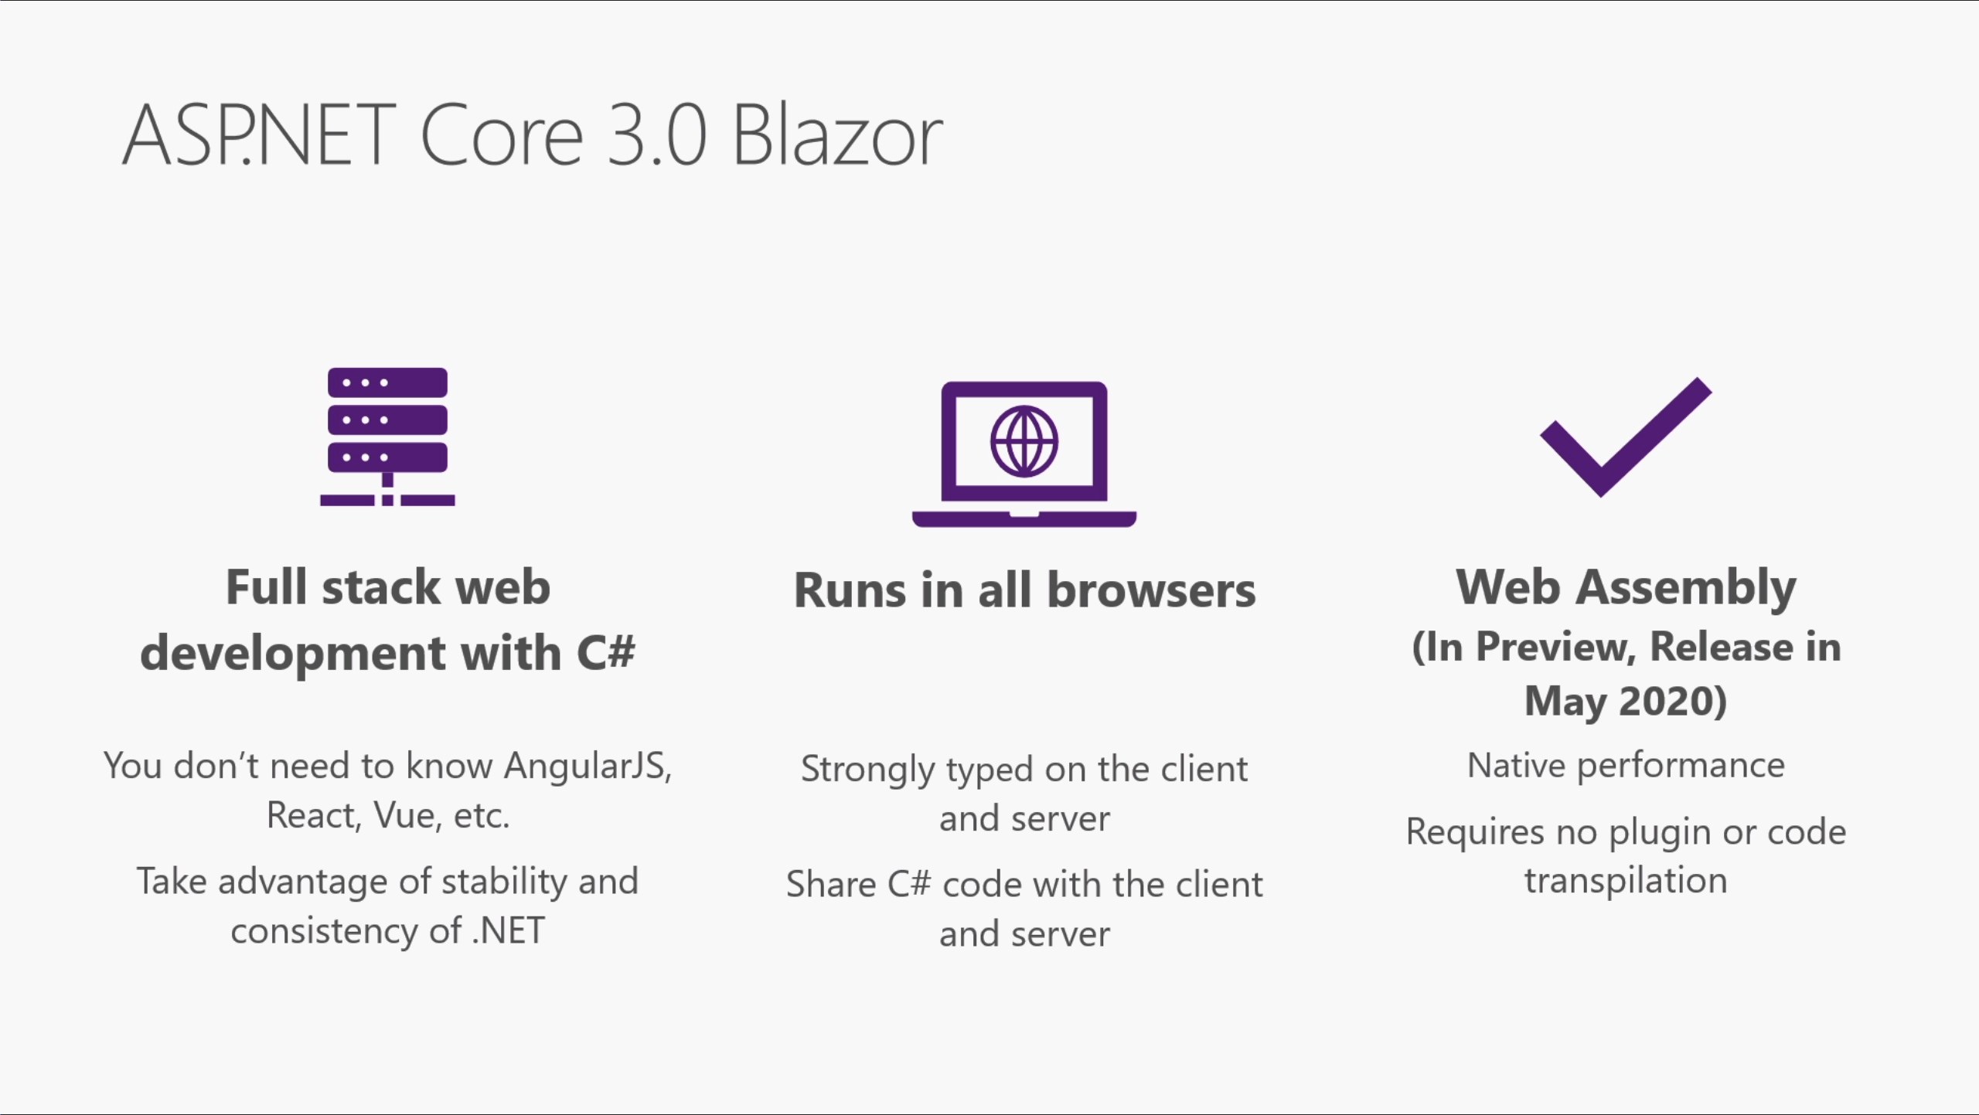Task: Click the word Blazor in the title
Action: coord(837,136)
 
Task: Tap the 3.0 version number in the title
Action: coord(657,136)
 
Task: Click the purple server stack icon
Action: coord(387,437)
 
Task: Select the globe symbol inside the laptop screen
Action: coord(1024,441)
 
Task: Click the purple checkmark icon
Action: coord(1626,437)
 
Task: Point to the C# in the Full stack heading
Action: coord(606,652)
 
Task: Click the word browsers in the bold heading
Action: coord(1151,590)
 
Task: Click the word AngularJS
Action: coord(588,766)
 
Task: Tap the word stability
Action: coord(504,882)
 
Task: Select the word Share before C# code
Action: coord(831,884)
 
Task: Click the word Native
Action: coord(1516,765)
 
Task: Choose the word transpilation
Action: coord(1626,881)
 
